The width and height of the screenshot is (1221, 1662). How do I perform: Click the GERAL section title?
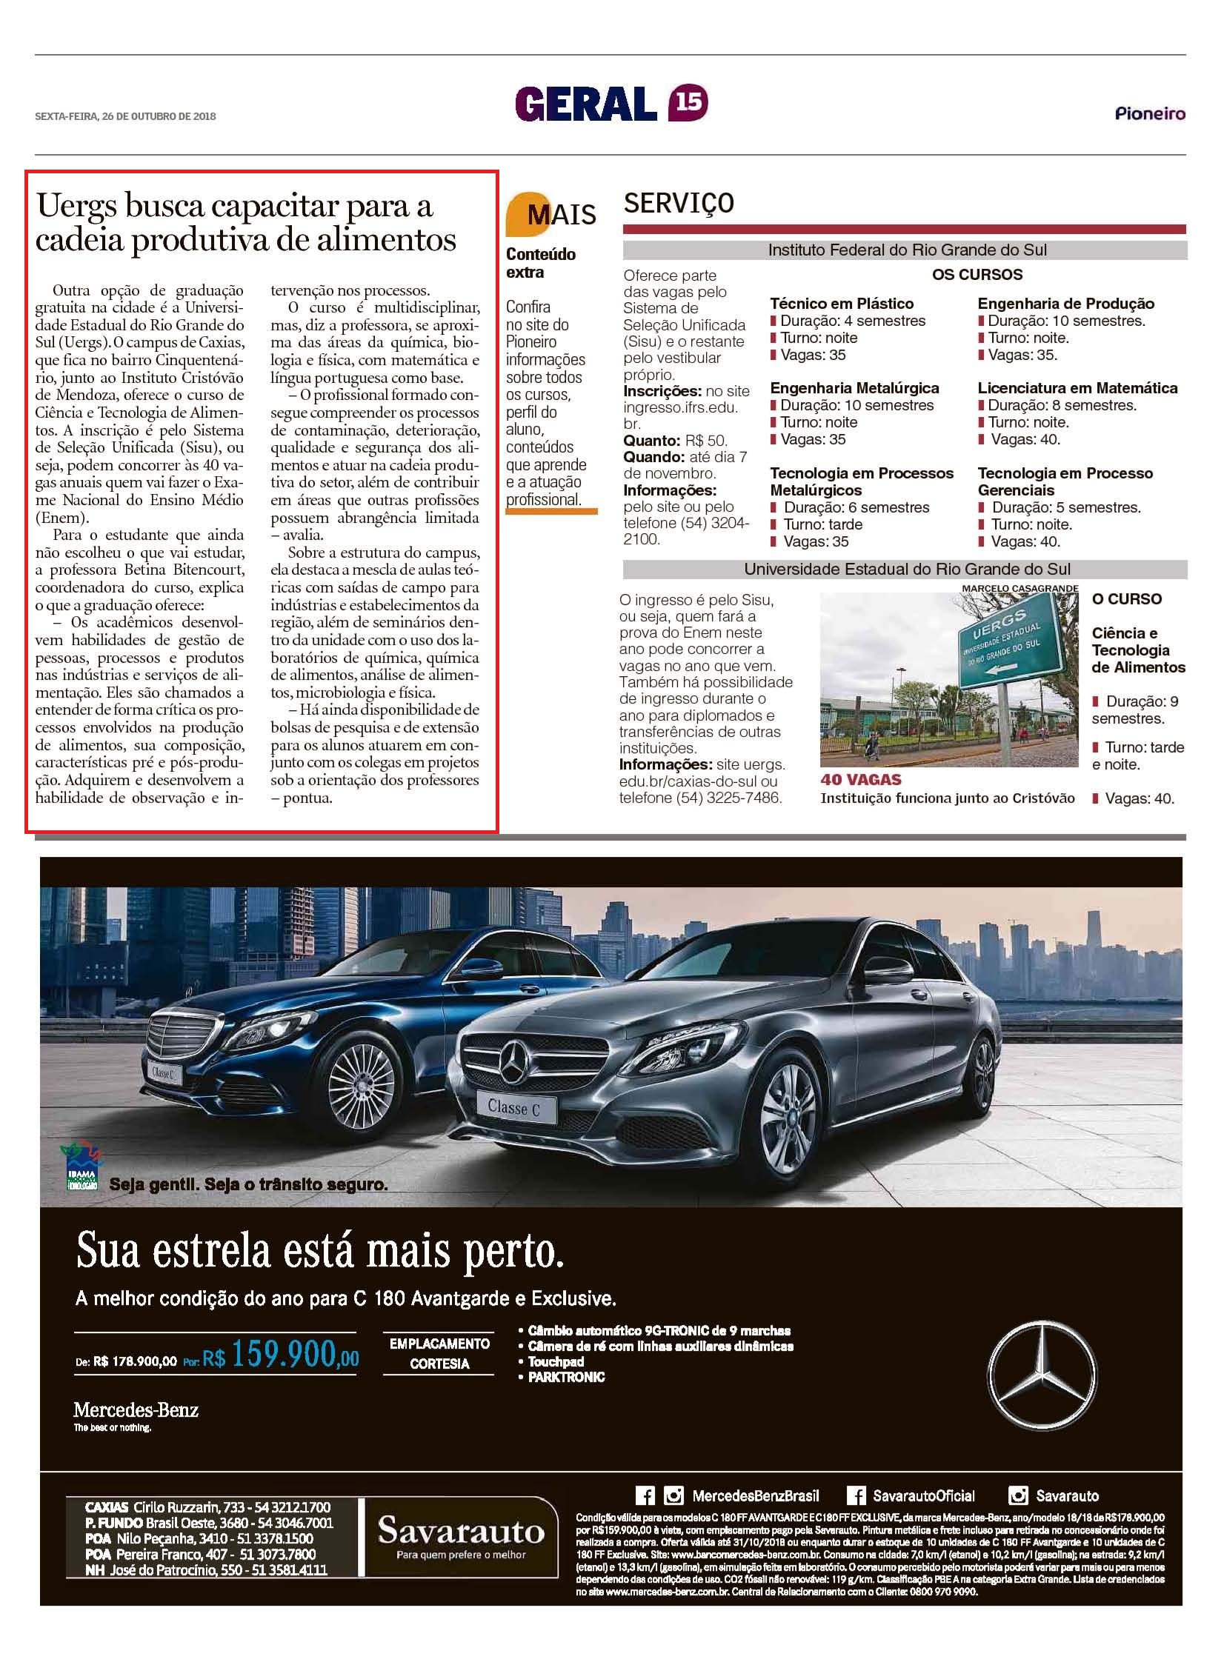(x=586, y=104)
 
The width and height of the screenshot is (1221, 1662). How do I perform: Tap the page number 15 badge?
(x=688, y=103)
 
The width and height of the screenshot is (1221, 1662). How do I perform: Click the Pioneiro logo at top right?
(x=1150, y=114)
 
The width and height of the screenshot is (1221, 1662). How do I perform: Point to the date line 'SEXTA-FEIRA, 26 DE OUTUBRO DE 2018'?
(x=125, y=116)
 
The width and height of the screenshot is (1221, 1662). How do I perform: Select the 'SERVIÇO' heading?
(x=679, y=202)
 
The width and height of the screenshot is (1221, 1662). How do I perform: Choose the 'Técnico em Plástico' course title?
(x=842, y=304)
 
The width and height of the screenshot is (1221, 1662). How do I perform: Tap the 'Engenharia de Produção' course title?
(x=1065, y=304)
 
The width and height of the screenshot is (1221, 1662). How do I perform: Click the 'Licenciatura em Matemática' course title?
(x=1077, y=388)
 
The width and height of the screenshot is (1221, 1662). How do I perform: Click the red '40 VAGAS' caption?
(x=861, y=780)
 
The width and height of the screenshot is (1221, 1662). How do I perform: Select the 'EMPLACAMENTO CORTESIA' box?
(x=439, y=1353)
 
